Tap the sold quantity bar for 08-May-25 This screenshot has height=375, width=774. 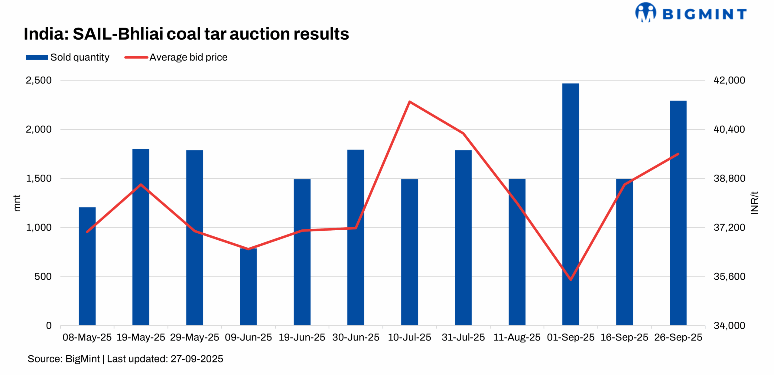click(x=87, y=266)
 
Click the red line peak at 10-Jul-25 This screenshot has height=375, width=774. click(x=409, y=102)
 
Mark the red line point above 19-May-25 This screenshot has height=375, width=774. click(x=141, y=184)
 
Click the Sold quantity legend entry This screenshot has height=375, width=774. click(x=68, y=57)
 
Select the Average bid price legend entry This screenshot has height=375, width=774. click(x=176, y=57)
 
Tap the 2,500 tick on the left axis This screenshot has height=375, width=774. click(x=39, y=80)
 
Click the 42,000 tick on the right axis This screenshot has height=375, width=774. click(x=729, y=80)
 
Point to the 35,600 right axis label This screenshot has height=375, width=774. click(x=729, y=276)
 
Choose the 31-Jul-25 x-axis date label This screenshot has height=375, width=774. click(x=463, y=337)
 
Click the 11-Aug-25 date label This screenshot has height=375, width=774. click(x=517, y=337)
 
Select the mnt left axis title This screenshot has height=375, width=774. click(x=17, y=203)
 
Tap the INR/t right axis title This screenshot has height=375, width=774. click(x=755, y=203)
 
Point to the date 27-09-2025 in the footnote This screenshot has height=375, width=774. click(x=197, y=359)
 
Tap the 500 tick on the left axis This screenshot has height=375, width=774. click(x=43, y=276)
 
